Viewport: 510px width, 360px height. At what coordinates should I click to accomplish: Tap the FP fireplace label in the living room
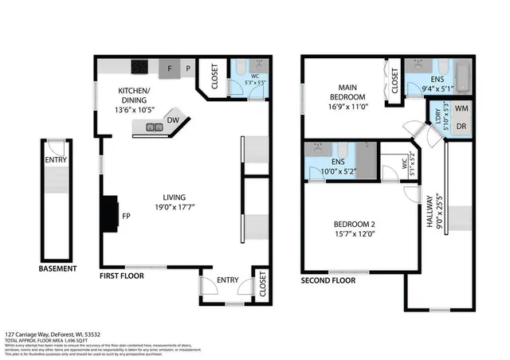pyautogui.click(x=126, y=215)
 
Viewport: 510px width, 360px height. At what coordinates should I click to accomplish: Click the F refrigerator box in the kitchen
pyautogui.click(x=171, y=69)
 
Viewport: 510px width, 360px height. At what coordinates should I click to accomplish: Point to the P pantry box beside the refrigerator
pyautogui.click(x=188, y=69)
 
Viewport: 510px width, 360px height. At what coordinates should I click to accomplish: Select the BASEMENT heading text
pyautogui.click(x=58, y=269)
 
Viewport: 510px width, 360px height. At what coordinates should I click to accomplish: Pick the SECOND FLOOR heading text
pyautogui.click(x=328, y=281)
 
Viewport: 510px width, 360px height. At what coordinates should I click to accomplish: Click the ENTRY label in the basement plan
pyautogui.click(x=56, y=159)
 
